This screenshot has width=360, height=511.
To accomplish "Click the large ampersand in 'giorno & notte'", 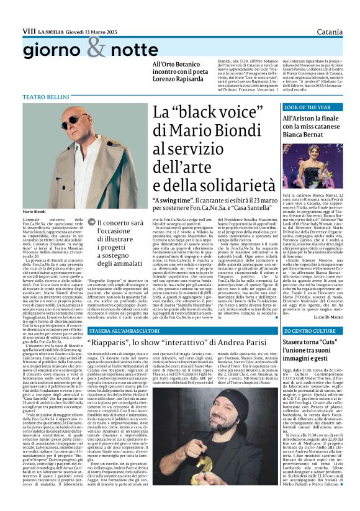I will point(97,45).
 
